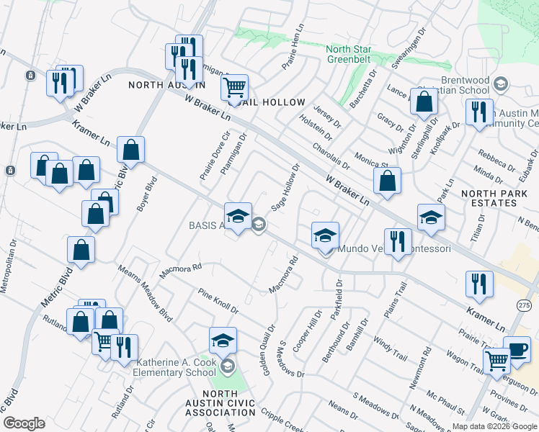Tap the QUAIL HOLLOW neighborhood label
(277, 102)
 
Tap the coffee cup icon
(517, 349)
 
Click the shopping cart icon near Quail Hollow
(234, 89)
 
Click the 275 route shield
(524, 305)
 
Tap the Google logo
(24, 423)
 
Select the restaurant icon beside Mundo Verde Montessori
(397, 242)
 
